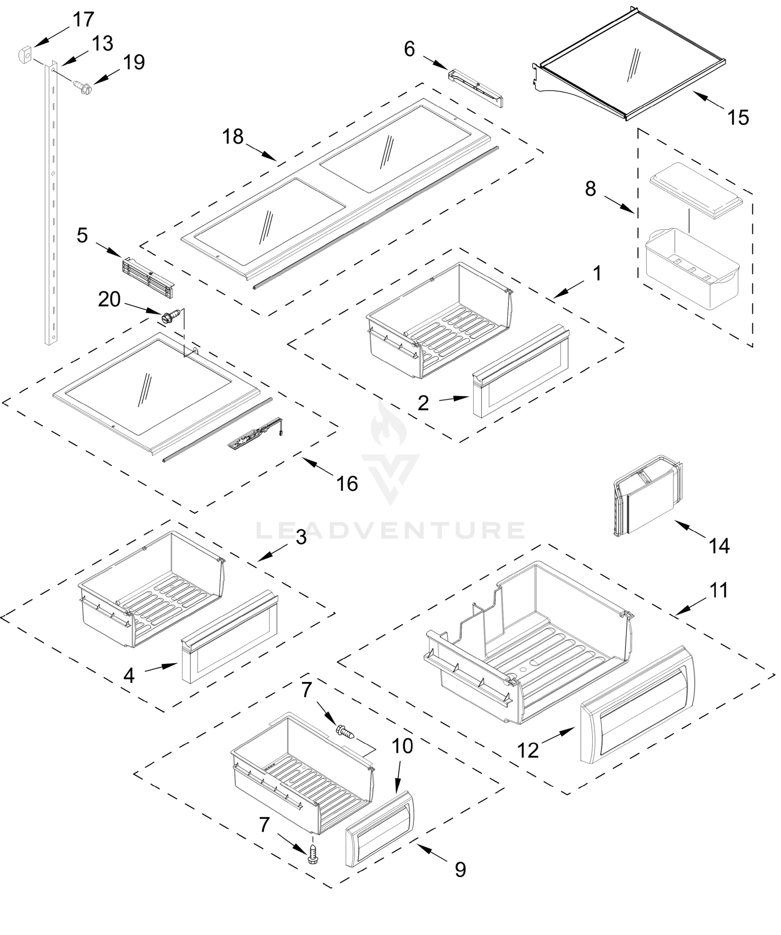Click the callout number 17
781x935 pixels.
point(83,19)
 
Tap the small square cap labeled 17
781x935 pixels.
point(25,56)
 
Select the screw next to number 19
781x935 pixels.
point(82,86)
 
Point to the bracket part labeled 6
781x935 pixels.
point(476,86)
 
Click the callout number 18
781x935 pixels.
point(233,136)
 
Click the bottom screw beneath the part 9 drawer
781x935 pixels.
point(313,854)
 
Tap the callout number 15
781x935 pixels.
point(738,118)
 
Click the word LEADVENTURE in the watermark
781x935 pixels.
point(390,530)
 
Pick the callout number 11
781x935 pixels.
point(718,590)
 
